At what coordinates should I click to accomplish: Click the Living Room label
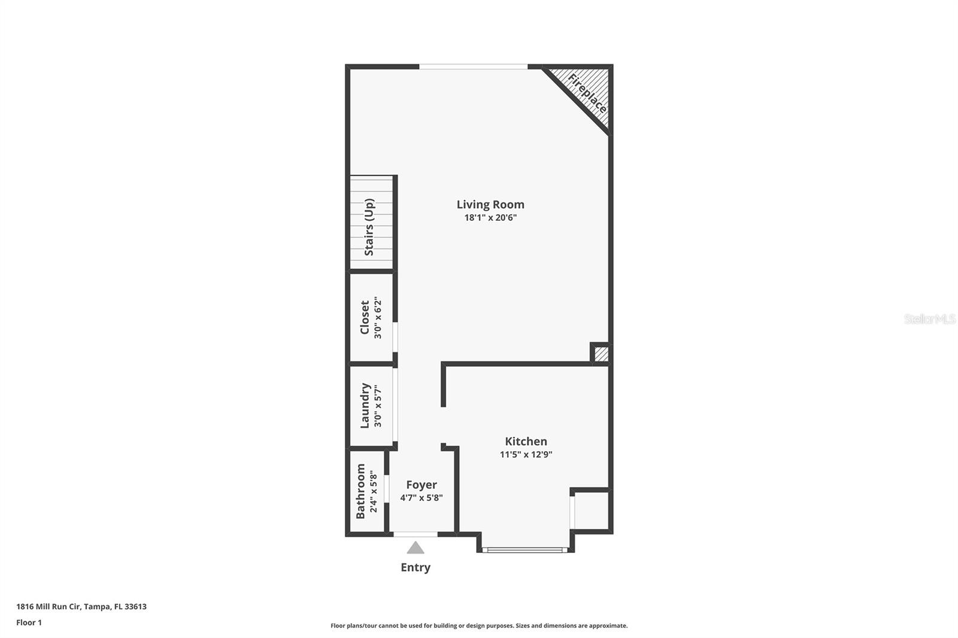pos(490,205)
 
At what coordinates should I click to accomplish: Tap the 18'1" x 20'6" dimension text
pos(490,218)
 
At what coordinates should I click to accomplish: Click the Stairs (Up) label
pos(369,227)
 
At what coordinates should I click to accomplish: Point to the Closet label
pos(365,317)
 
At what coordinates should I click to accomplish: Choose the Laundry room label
pos(365,406)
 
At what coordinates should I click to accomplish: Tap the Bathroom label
pos(360,491)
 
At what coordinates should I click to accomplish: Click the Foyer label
pos(422,485)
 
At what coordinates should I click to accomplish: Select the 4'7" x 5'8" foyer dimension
pos(422,497)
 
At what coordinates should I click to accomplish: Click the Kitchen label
pos(526,441)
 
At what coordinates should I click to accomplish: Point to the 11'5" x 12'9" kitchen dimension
pos(526,454)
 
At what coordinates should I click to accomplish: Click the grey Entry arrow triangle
pos(416,548)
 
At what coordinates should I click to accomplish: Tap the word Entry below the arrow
pos(416,567)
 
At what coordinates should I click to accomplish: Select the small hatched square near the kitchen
pos(601,354)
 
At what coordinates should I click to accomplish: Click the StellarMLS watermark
pos(929,319)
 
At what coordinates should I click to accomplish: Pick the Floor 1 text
pos(29,622)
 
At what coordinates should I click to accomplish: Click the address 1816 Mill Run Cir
pos(81,606)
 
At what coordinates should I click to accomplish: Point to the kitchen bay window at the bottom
pos(525,549)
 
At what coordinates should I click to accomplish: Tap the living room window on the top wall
pos(473,66)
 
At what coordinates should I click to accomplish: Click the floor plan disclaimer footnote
pos(479,625)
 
